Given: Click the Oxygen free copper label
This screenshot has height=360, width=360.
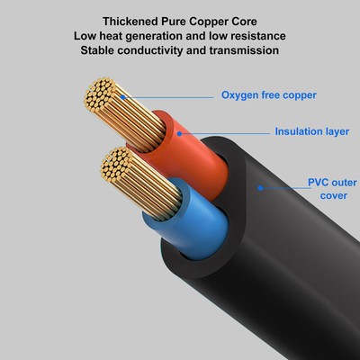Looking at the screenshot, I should [268, 94].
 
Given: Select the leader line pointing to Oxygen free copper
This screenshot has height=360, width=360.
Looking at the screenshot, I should [162, 94].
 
